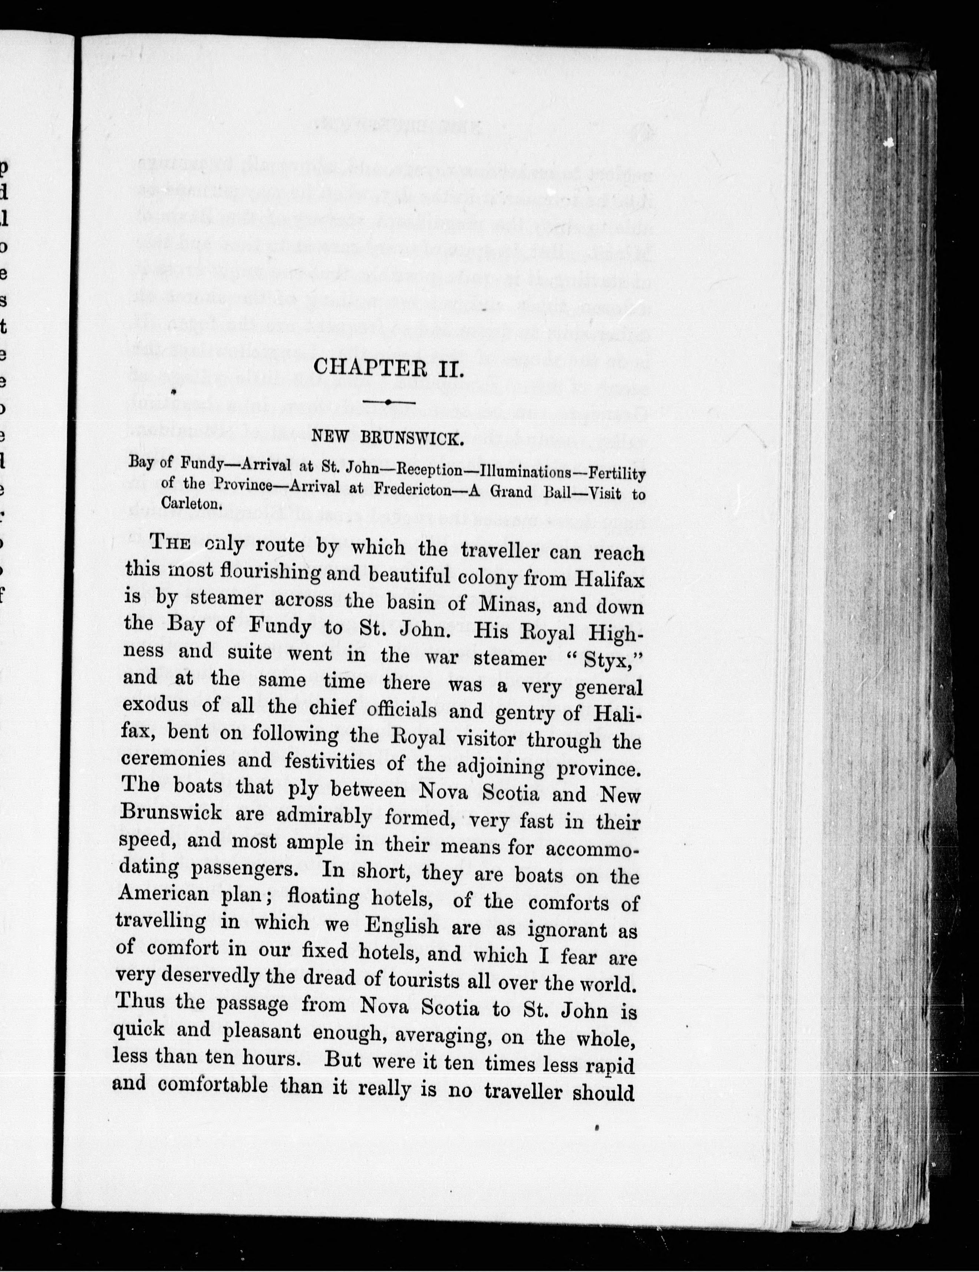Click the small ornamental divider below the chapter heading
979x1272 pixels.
(x=388, y=402)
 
